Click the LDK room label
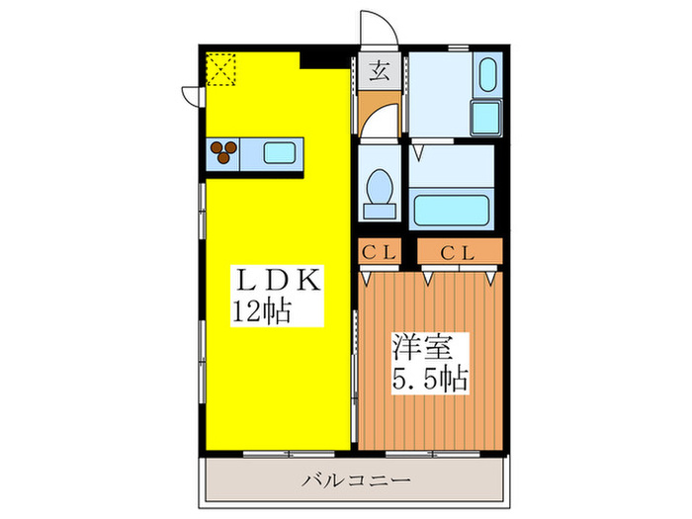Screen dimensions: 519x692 [278, 281]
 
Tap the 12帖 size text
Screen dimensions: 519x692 [261, 311]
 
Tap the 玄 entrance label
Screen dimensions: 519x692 [379, 70]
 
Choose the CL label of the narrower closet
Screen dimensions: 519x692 [378, 252]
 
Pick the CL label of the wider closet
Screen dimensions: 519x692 [458, 252]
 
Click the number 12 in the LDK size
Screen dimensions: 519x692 [244, 311]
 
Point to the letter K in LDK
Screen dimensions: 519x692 [308, 281]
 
